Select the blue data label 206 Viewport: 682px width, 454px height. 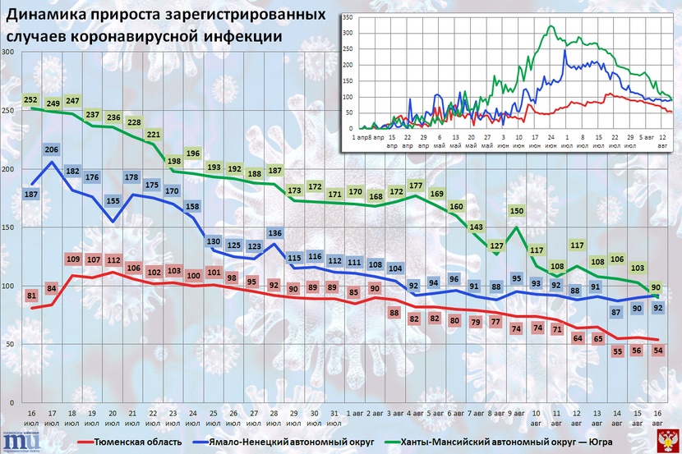pyautogui.click(x=52, y=149)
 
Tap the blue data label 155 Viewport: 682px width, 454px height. pyautogui.click(x=112, y=200)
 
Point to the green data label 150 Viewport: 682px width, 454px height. pyautogui.click(x=516, y=211)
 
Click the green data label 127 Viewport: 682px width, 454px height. pyautogui.click(x=496, y=245)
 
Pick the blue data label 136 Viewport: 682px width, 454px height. pyautogui.click(x=275, y=232)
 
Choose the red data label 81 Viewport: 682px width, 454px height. pyautogui.click(x=32, y=295)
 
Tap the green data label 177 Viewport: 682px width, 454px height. pyautogui.click(x=416, y=186)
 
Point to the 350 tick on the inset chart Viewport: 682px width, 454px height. pyautogui.click(x=348, y=16)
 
